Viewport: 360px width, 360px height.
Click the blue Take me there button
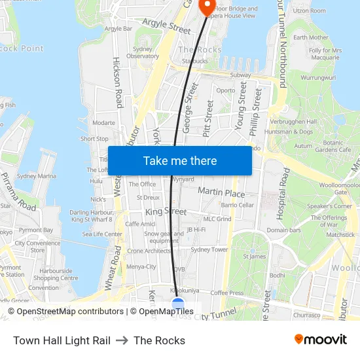179,161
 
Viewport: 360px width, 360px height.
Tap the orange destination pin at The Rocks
207,7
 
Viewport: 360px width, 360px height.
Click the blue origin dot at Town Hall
177,304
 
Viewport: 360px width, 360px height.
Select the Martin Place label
221,193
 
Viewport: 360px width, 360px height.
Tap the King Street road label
166,212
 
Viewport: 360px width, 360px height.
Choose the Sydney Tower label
209,249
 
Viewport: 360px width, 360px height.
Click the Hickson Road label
118,81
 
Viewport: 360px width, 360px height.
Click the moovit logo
321,339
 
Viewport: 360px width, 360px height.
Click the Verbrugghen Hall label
292,122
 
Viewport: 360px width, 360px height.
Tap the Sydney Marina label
37,176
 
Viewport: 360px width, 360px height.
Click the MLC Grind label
217,219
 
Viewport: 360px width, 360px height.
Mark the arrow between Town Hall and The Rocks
122,340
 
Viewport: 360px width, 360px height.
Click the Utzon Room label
309,11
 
